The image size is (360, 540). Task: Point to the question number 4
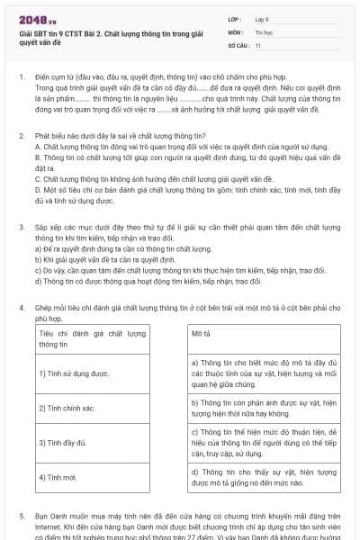pyautogui.click(x=21, y=308)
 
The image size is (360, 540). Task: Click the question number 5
pyautogui.click(x=21, y=517)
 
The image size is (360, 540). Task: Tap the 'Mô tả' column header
pyautogui.click(x=202, y=333)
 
